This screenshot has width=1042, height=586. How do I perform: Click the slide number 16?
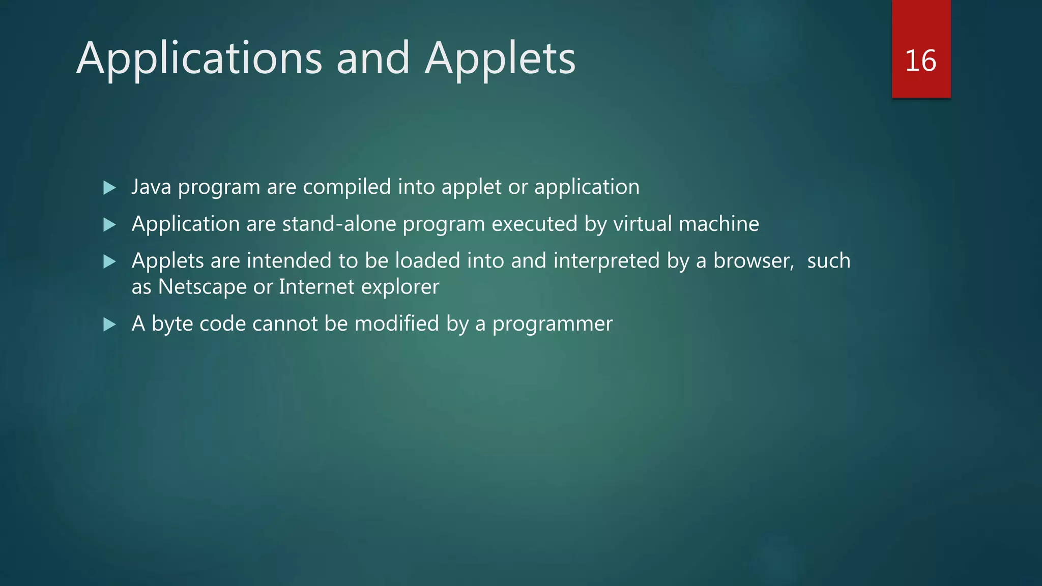[x=920, y=61]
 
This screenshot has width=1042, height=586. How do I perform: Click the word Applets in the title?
[x=500, y=59]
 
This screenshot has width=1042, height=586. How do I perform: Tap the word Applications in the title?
[x=199, y=59]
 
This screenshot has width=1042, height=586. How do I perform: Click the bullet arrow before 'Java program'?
[x=109, y=188]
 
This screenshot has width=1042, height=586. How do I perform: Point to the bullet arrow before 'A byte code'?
[x=109, y=325]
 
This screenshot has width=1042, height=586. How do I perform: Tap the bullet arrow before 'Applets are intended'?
[x=109, y=261]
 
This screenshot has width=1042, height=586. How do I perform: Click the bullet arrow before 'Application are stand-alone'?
[x=109, y=224]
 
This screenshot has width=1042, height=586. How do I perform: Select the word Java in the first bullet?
[x=151, y=187]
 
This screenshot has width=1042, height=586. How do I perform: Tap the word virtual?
[x=643, y=224]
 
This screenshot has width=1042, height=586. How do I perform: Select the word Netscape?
[x=202, y=287]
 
